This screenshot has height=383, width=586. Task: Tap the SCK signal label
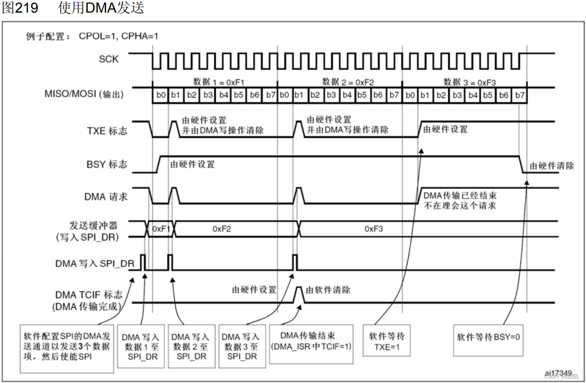point(108,59)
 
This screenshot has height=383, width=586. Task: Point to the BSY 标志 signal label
point(106,164)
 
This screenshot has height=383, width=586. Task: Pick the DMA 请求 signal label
point(106,196)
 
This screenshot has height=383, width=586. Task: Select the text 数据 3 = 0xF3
point(470,82)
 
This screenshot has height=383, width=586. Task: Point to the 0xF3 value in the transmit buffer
point(373,229)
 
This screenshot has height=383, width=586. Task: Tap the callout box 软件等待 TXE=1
point(386,342)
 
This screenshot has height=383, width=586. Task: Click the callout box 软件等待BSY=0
point(488,337)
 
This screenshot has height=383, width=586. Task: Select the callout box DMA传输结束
point(311,342)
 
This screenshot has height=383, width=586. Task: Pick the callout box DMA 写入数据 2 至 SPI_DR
point(191,346)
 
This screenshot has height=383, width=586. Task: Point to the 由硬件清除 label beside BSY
point(552,166)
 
